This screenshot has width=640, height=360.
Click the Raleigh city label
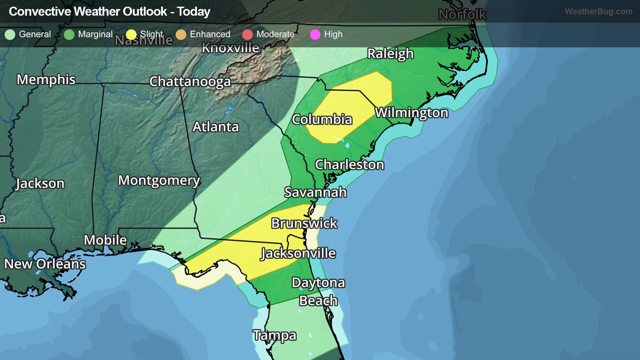[390, 54]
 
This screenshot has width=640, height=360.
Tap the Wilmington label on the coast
[411, 113]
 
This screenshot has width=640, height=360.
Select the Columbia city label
[322, 119]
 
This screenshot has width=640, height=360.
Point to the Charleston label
[349, 165]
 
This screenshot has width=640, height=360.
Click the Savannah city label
[315, 192]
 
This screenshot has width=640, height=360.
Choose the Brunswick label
[304, 223]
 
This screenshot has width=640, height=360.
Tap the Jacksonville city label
[298, 253]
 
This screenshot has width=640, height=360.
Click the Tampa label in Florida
[274, 336]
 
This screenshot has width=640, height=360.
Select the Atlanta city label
[215, 127]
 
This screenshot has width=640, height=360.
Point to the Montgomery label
[159, 180]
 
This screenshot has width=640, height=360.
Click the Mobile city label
[105, 240]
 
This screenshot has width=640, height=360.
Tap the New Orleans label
[45, 264]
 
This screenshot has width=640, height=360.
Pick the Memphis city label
[46, 80]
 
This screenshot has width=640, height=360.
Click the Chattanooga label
[190, 81]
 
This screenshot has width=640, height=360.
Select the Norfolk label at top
[462, 15]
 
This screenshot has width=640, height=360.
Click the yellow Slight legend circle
[131, 35]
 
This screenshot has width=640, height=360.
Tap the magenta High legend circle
[315, 35]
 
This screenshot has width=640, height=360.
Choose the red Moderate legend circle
[247, 35]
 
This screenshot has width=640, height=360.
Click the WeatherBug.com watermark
[598, 12]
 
